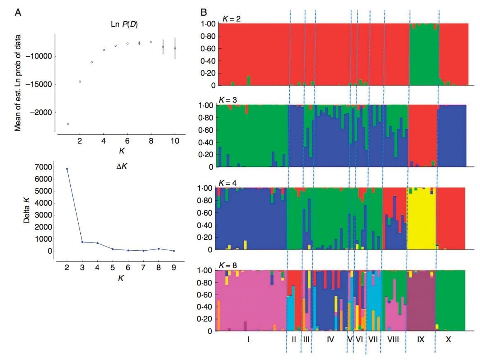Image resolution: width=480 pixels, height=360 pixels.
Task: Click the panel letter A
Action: [x=18, y=12]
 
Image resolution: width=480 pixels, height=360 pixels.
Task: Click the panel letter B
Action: [x=204, y=12]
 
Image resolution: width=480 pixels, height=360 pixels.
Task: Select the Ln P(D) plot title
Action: [x=121, y=25]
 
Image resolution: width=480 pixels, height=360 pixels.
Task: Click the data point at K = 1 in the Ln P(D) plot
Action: [x=68, y=124]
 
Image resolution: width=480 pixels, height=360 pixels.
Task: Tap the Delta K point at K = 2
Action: [x=67, y=169]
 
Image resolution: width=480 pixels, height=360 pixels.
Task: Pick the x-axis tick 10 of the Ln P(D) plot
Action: [x=175, y=141]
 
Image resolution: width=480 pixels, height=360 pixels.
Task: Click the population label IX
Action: [x=421, y=340]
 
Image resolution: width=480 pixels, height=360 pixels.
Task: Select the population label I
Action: [x=248, y=340]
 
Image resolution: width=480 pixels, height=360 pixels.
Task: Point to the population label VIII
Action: [x=393, y=340]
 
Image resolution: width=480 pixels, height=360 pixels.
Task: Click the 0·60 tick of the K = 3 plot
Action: [x=207, y=130]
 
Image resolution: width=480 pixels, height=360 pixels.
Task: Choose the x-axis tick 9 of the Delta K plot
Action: [x=174, y=267]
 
